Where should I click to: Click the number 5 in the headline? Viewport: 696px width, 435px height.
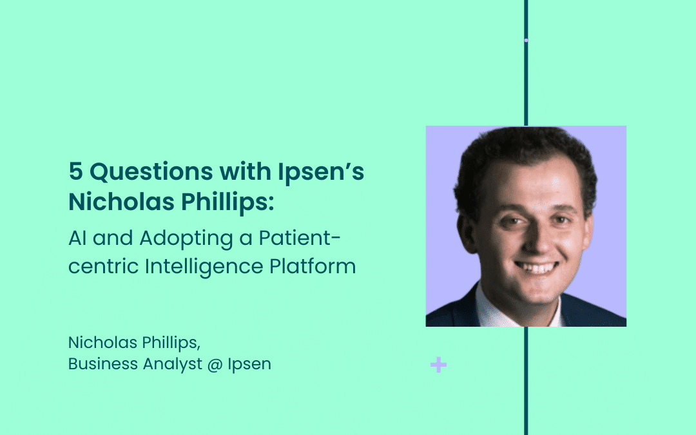point(75,171)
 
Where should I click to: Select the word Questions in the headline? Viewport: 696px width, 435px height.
point(151,172)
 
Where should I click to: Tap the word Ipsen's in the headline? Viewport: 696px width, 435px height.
point(321,173)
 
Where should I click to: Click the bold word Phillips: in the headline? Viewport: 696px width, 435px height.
point(227,202)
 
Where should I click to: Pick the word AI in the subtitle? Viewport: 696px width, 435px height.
point(77,238)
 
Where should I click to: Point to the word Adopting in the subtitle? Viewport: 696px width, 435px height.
point(186,239)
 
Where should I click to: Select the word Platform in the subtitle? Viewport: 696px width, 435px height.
point(313,266)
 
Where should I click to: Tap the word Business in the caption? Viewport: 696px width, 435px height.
point(103,364)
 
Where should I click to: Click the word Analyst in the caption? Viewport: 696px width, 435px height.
point(173,364)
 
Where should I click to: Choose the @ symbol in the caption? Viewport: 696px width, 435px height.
point(215,365)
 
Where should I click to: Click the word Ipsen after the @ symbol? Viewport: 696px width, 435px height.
point(249,364)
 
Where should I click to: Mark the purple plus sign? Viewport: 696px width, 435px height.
point(439,365)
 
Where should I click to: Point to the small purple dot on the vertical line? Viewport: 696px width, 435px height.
point(526,41)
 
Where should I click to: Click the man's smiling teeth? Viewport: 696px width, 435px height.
point(536,267)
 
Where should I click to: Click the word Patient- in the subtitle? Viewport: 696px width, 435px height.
point(300,238)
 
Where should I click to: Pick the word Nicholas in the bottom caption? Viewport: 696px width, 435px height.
point(102,343)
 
